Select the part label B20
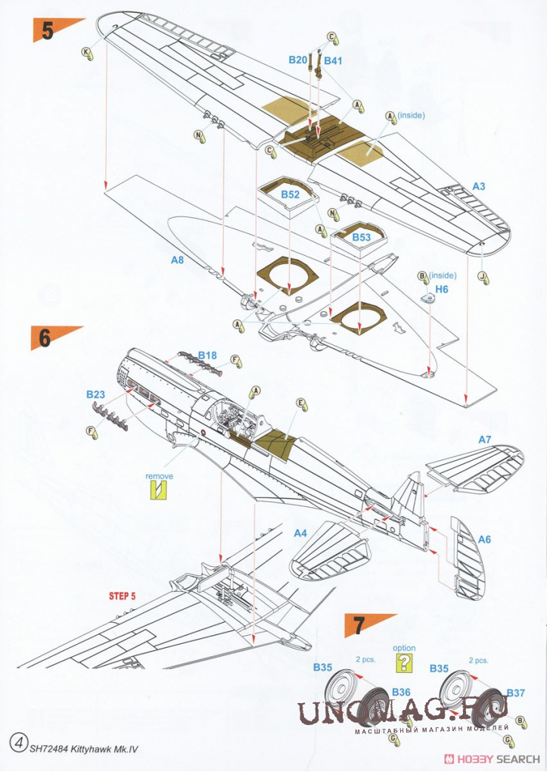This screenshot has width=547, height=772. (x=298, y=59)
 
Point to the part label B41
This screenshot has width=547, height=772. (x=334, y=59)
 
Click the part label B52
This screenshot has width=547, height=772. (x=290, y=195)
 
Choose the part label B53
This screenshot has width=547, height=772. (x=362, y=237)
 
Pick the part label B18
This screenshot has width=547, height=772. (x=207, y=355)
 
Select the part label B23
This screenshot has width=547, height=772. (x=95, y=394)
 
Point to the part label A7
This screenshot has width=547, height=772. (x=485, y=440)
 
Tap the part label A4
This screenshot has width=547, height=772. (x=300, y=533)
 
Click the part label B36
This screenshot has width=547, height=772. (x=401, y=691)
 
